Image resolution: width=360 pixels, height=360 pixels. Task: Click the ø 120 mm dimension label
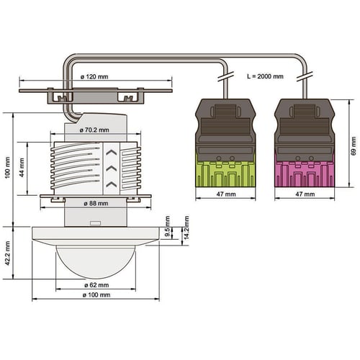point(94,77)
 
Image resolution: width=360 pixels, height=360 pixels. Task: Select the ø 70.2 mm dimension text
point(94,130)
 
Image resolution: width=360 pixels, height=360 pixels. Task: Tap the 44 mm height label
point(22,168)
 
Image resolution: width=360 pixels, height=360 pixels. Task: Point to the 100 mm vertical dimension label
point(8,167)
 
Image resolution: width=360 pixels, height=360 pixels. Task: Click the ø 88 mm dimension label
point(96,204)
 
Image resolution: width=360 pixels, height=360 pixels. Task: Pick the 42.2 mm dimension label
point(8,253)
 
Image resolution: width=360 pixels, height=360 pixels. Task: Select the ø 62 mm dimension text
point(96,285)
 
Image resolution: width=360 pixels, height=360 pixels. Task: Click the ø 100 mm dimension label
point(96,295)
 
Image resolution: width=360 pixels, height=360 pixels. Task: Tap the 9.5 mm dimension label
point(168,226)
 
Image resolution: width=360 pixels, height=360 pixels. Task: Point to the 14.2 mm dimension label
point(186,228)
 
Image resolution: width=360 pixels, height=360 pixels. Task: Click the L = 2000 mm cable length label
point(265,76)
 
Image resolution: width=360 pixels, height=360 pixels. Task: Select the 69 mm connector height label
point(354,146)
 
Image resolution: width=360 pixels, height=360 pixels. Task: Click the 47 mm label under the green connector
point(226,194)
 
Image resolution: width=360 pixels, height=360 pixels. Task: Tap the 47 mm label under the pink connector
point(305,194)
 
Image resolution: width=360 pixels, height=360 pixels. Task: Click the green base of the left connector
point(225,174)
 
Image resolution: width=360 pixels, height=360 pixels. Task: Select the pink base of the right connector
point(305,174)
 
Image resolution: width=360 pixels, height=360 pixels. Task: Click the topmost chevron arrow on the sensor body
point(112,153)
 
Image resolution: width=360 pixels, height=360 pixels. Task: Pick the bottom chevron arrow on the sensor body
point(112,184)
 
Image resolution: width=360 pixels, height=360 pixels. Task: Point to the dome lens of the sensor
point(96,262)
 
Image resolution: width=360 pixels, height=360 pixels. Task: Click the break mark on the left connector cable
point(226,76)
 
